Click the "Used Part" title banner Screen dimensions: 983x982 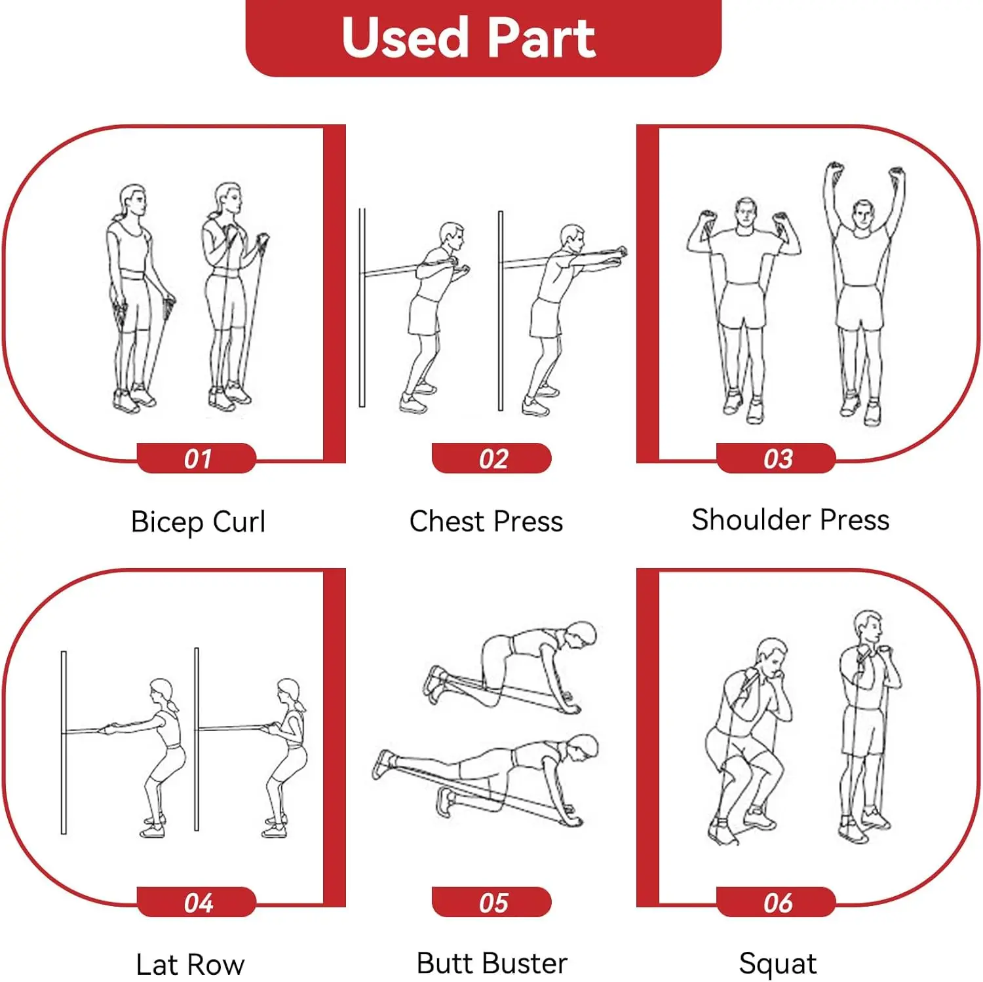[484, 38]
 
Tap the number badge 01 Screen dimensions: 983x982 [197, 458]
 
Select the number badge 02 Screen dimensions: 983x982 [491, 458]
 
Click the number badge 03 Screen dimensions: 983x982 [777, 458]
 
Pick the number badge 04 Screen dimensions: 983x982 [197, 902]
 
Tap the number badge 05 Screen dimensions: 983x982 [491, 902]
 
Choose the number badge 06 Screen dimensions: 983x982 [777, 902]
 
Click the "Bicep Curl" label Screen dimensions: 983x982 [198, 522]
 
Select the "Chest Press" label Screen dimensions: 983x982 [486, 521]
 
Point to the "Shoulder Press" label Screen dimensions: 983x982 [790, 519]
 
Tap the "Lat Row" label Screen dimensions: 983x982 [190, 965]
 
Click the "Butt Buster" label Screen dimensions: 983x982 [491, 963]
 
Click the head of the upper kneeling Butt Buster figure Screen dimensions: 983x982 [580, 634]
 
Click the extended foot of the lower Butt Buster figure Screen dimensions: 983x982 [384, 765]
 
